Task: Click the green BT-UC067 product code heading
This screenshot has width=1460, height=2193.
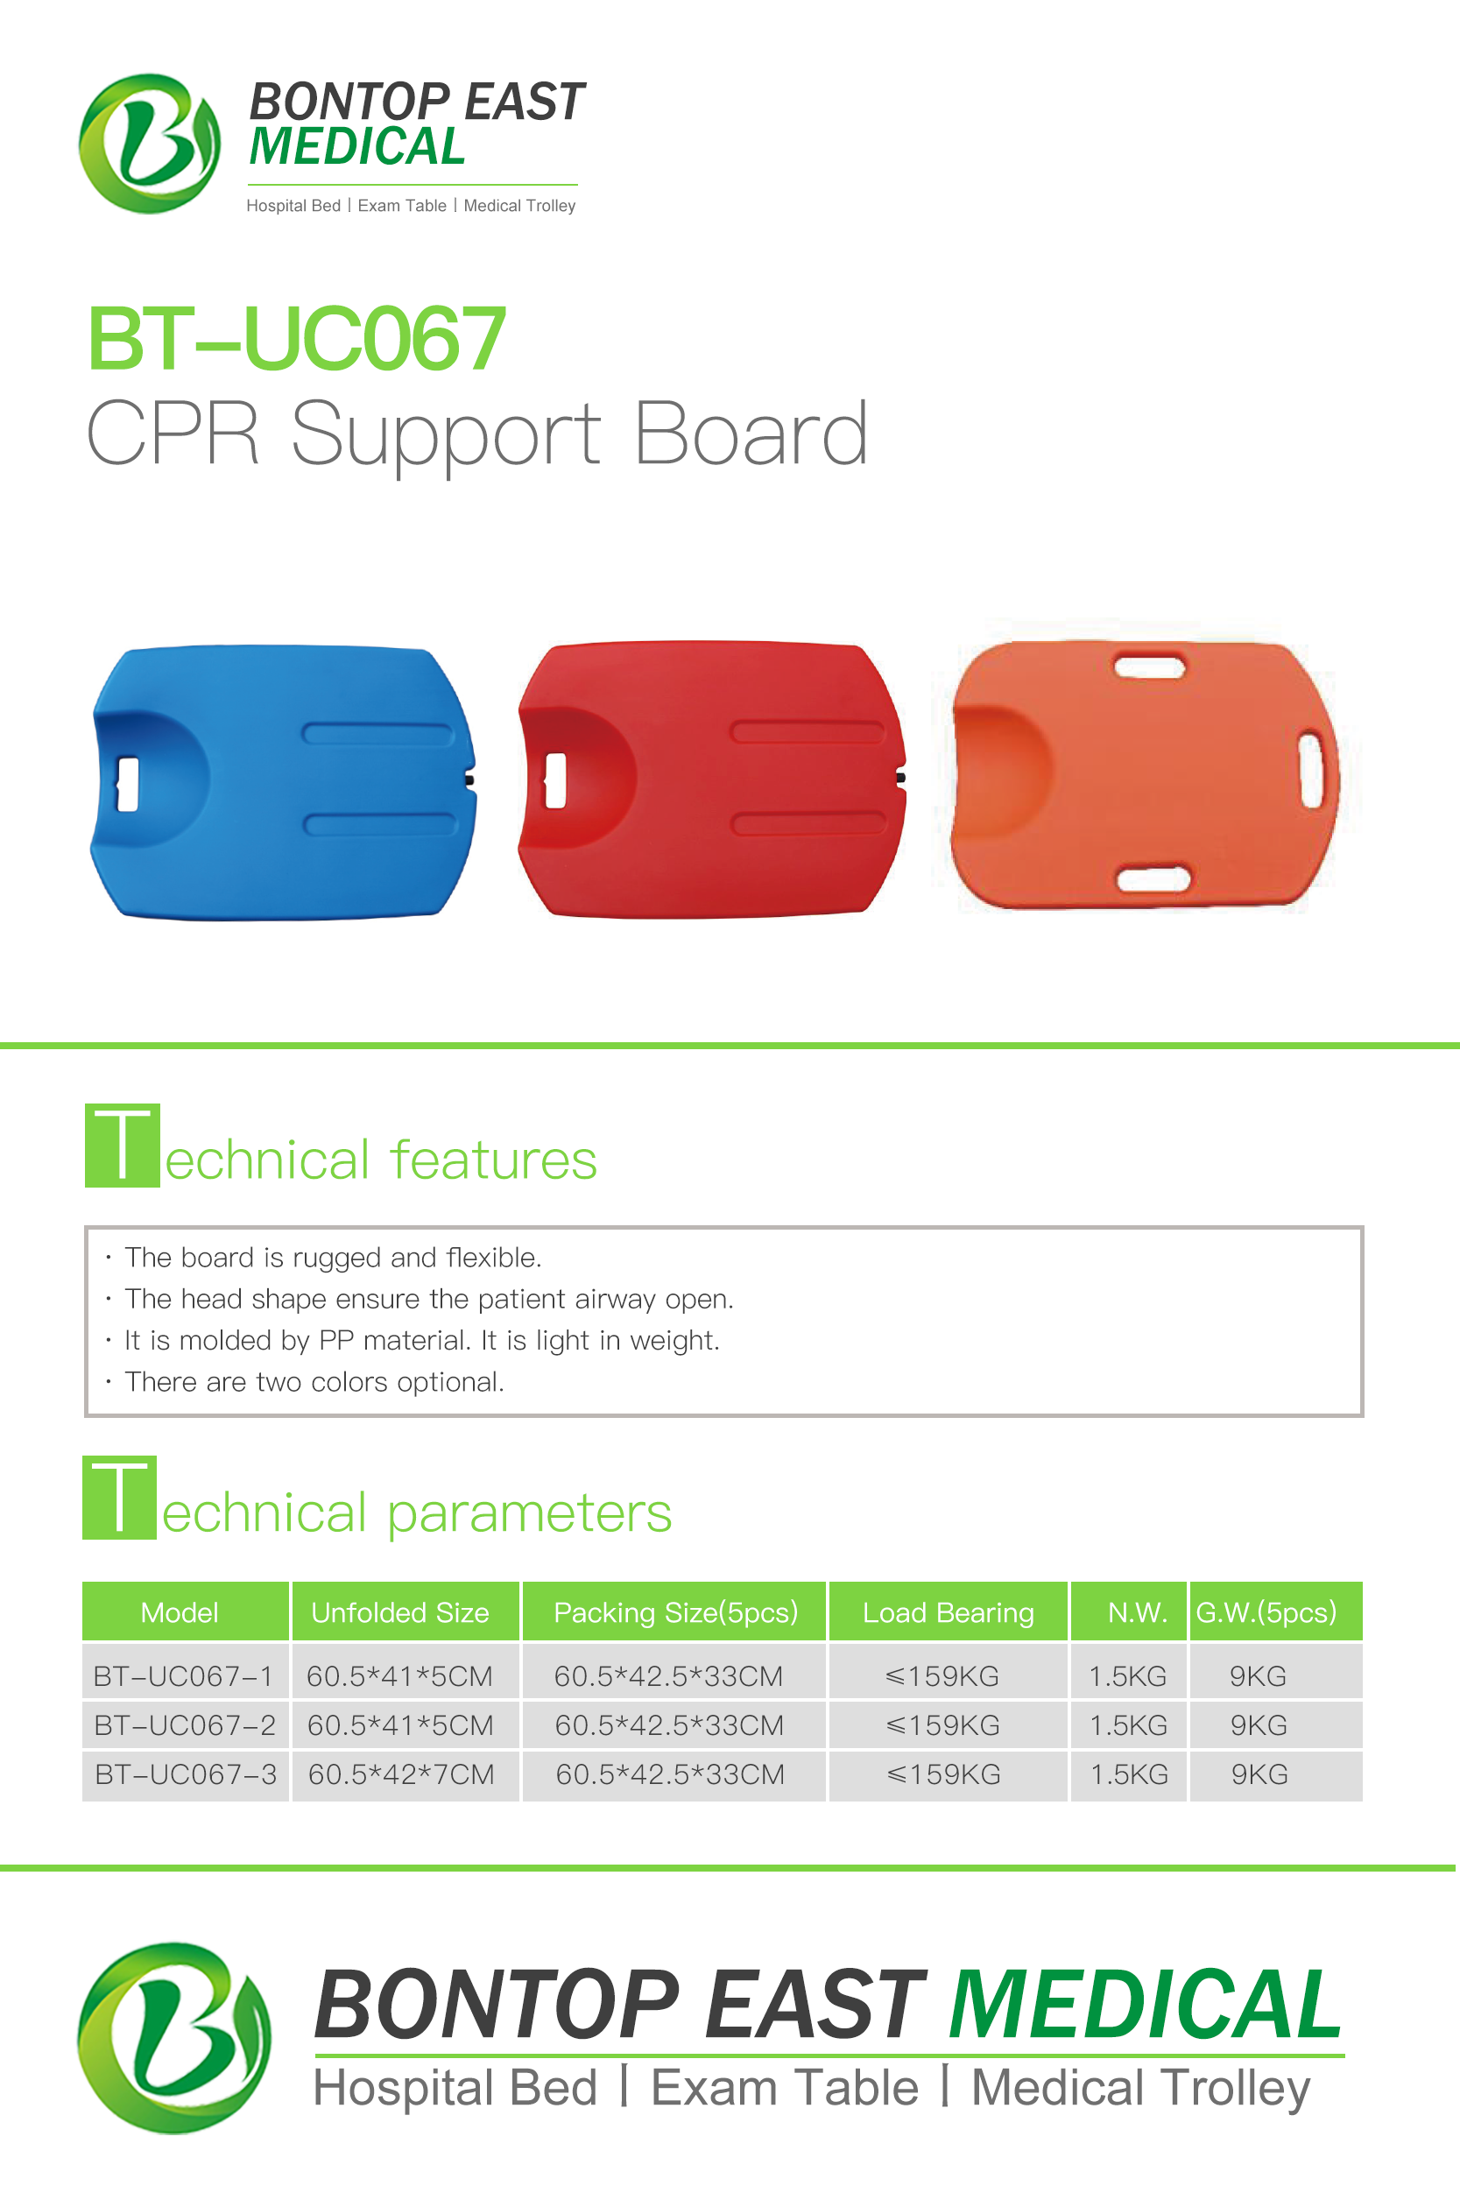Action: coord(296,339)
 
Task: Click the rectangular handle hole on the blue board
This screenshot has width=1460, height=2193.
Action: coord(128,784)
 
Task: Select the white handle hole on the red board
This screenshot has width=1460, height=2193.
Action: coord(555,780)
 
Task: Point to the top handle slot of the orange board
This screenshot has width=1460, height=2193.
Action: coord(1149,666)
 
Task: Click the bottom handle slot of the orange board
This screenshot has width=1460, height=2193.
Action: coord(1153,878)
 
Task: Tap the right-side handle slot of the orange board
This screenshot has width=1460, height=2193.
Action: coord(1311,771)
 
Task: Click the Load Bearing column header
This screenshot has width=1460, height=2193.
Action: coord(948,1612)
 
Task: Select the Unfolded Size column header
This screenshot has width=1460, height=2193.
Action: coord(400,1612)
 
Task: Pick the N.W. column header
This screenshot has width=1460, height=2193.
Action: coord(1137,1612)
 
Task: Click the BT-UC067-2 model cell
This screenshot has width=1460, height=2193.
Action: coord(185,1724)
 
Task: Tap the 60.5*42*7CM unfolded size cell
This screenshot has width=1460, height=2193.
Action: coord(401,1774)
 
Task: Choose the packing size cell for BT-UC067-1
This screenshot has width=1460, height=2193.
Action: coord(668,1675)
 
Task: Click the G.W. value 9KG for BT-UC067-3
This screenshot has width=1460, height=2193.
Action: coord(1259,1774)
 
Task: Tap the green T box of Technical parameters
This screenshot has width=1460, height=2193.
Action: coord(119,1497)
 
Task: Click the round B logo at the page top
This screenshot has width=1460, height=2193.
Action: coord(150,144)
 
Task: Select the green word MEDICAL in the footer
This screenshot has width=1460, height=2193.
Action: coord(1146,2005)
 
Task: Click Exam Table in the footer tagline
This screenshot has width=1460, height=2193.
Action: coord(785,2087)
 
